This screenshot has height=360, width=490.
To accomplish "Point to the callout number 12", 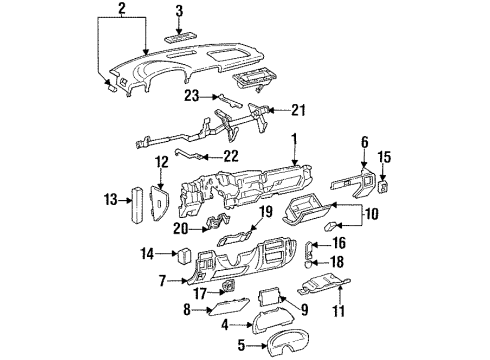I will pyautogui.click(x=162, y=162).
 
